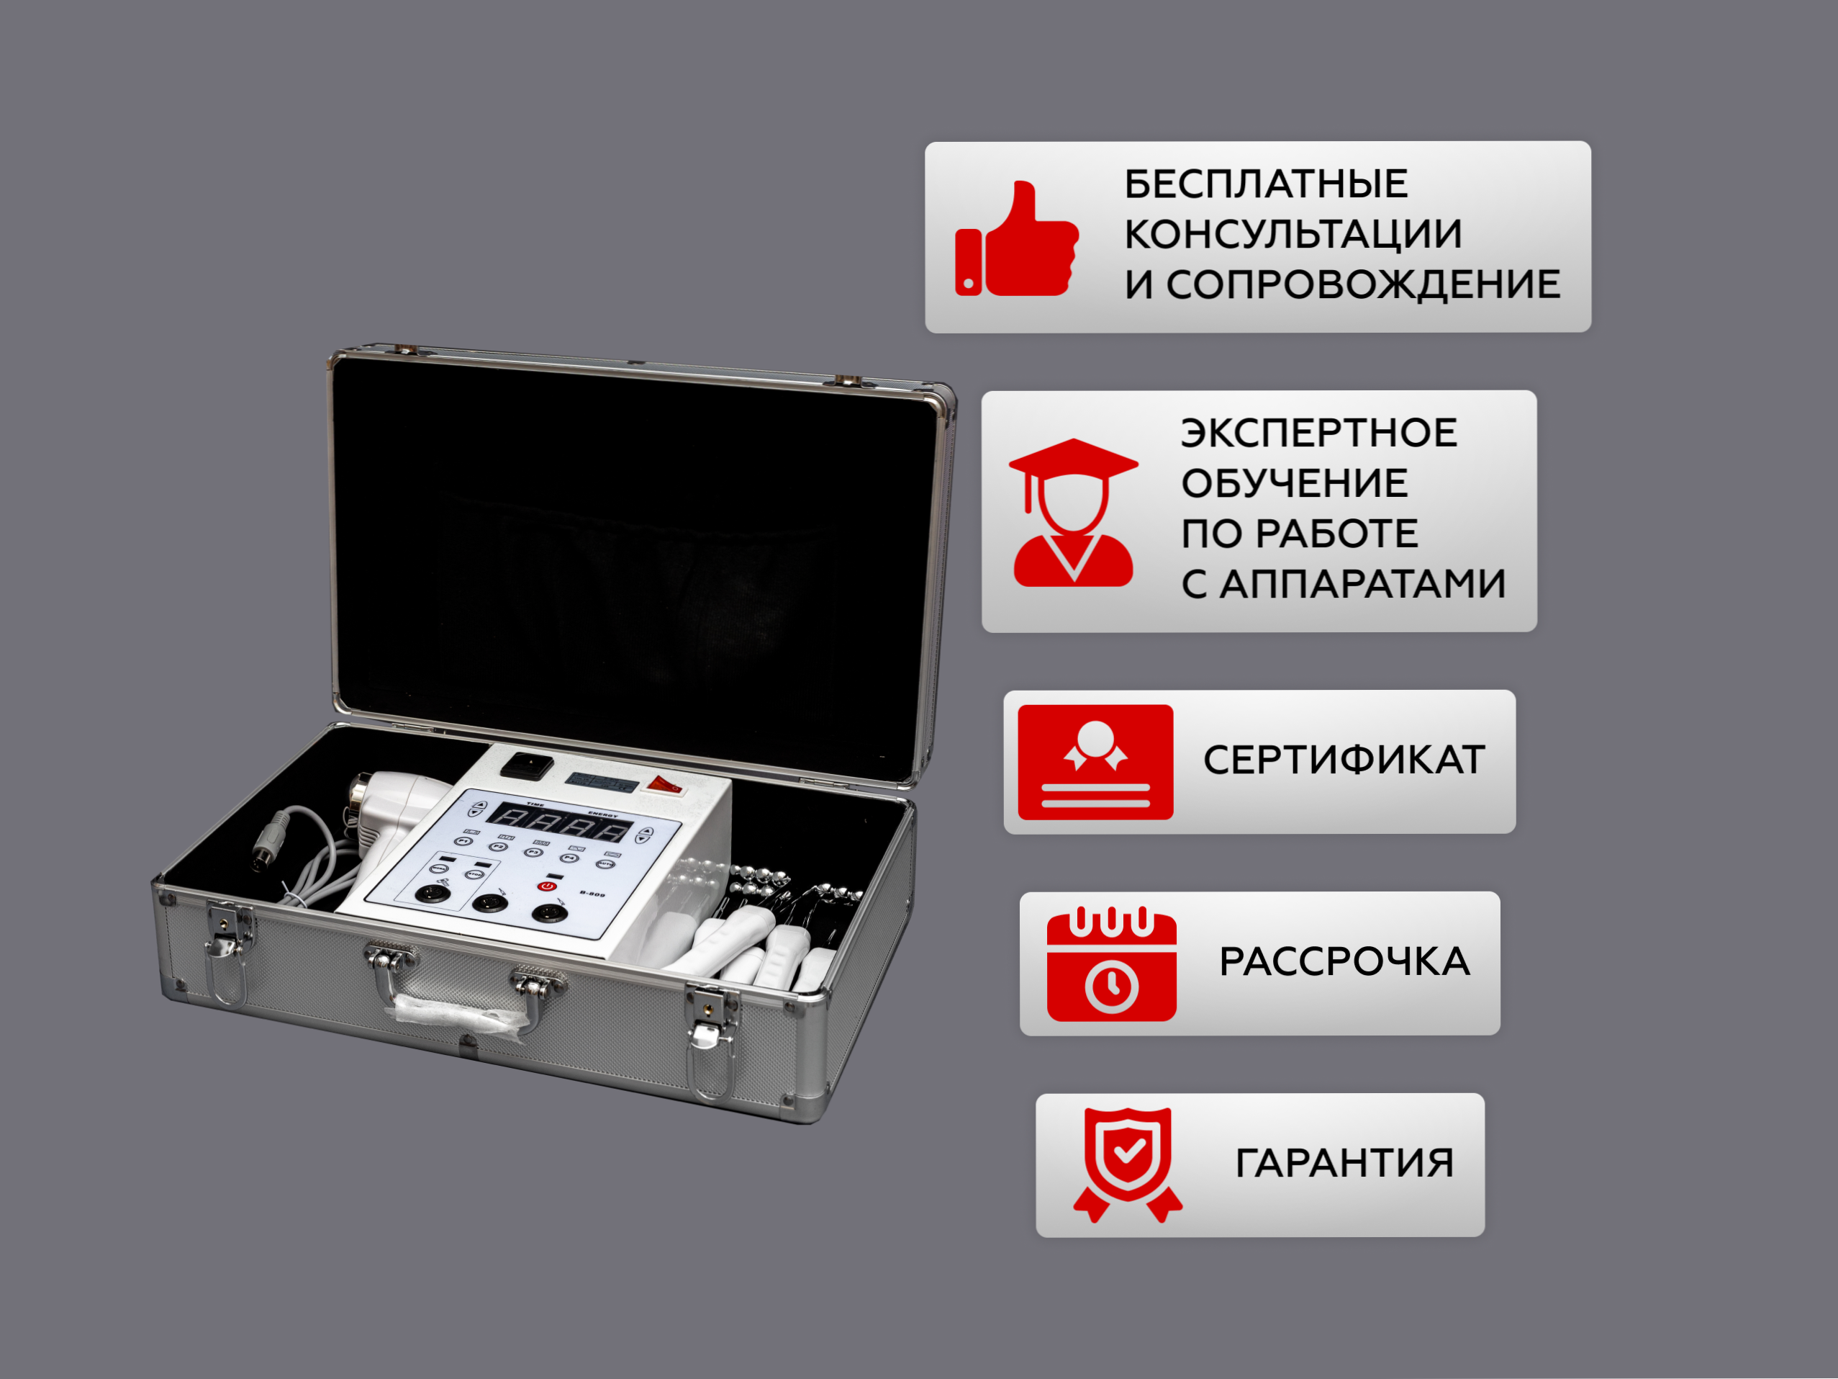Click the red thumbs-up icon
coord(1016,238)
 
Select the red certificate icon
coord(1095,763)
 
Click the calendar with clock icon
coord(1112,963)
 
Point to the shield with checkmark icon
coord(1128,1164)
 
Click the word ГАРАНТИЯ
coord(1344,1163)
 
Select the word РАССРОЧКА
coord(1344,962)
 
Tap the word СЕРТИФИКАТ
coord(1344,760)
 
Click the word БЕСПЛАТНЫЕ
coord(1267,184)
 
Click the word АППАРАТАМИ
coord(1363,583)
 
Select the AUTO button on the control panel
coord(607,864)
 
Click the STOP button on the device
coord(474,874)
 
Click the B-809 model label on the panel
coord(592,894)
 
